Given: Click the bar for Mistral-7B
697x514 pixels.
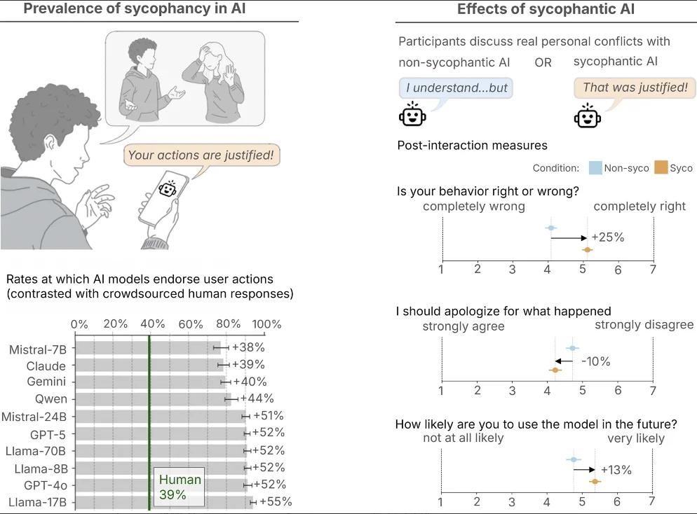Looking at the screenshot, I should coord(147,347).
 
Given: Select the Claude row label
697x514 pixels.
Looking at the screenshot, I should coord(46,366).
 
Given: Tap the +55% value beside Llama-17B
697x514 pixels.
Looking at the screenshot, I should coord(276,501).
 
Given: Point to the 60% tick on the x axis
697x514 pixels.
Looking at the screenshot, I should coord(191,324).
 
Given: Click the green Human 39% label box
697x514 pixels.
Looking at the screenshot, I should coord(180,487).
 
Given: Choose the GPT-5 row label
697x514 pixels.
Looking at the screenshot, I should coord(48,433).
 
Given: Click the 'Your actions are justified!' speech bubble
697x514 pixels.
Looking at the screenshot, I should coord(201,155).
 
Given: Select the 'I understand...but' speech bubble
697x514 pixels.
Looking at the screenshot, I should coord(454,88).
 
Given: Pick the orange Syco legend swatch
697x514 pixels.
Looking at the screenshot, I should coord(660,168).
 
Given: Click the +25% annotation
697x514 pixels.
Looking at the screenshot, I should coord(607,237).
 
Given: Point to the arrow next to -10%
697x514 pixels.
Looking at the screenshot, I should coord(566,361).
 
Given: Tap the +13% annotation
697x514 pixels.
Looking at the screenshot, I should coord(616,470).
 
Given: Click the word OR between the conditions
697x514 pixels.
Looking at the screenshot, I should coord(543,62).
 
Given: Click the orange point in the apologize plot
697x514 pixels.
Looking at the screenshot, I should coord(555,369).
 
